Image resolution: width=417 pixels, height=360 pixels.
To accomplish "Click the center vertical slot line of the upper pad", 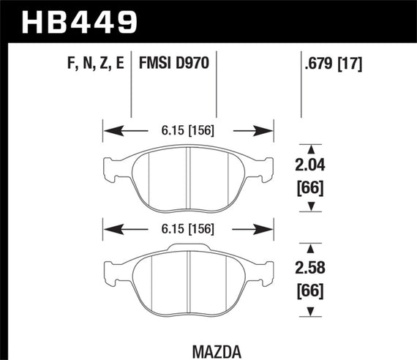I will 188,176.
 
